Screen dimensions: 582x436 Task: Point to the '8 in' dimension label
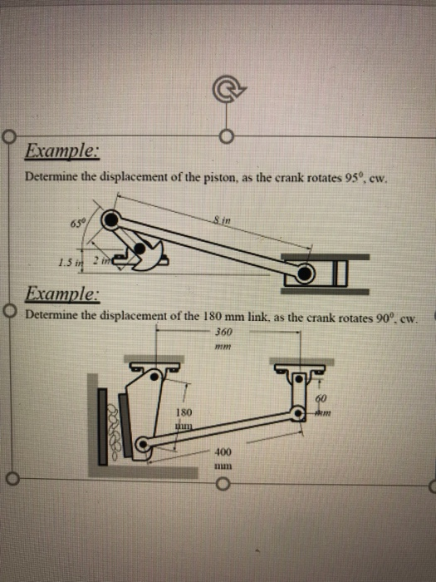tap(220, 218)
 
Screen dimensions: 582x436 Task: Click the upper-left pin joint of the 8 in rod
tap(111, 220)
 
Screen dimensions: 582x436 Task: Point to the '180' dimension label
tap(184, 412)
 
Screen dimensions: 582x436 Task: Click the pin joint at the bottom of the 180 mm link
tap(143, 446)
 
